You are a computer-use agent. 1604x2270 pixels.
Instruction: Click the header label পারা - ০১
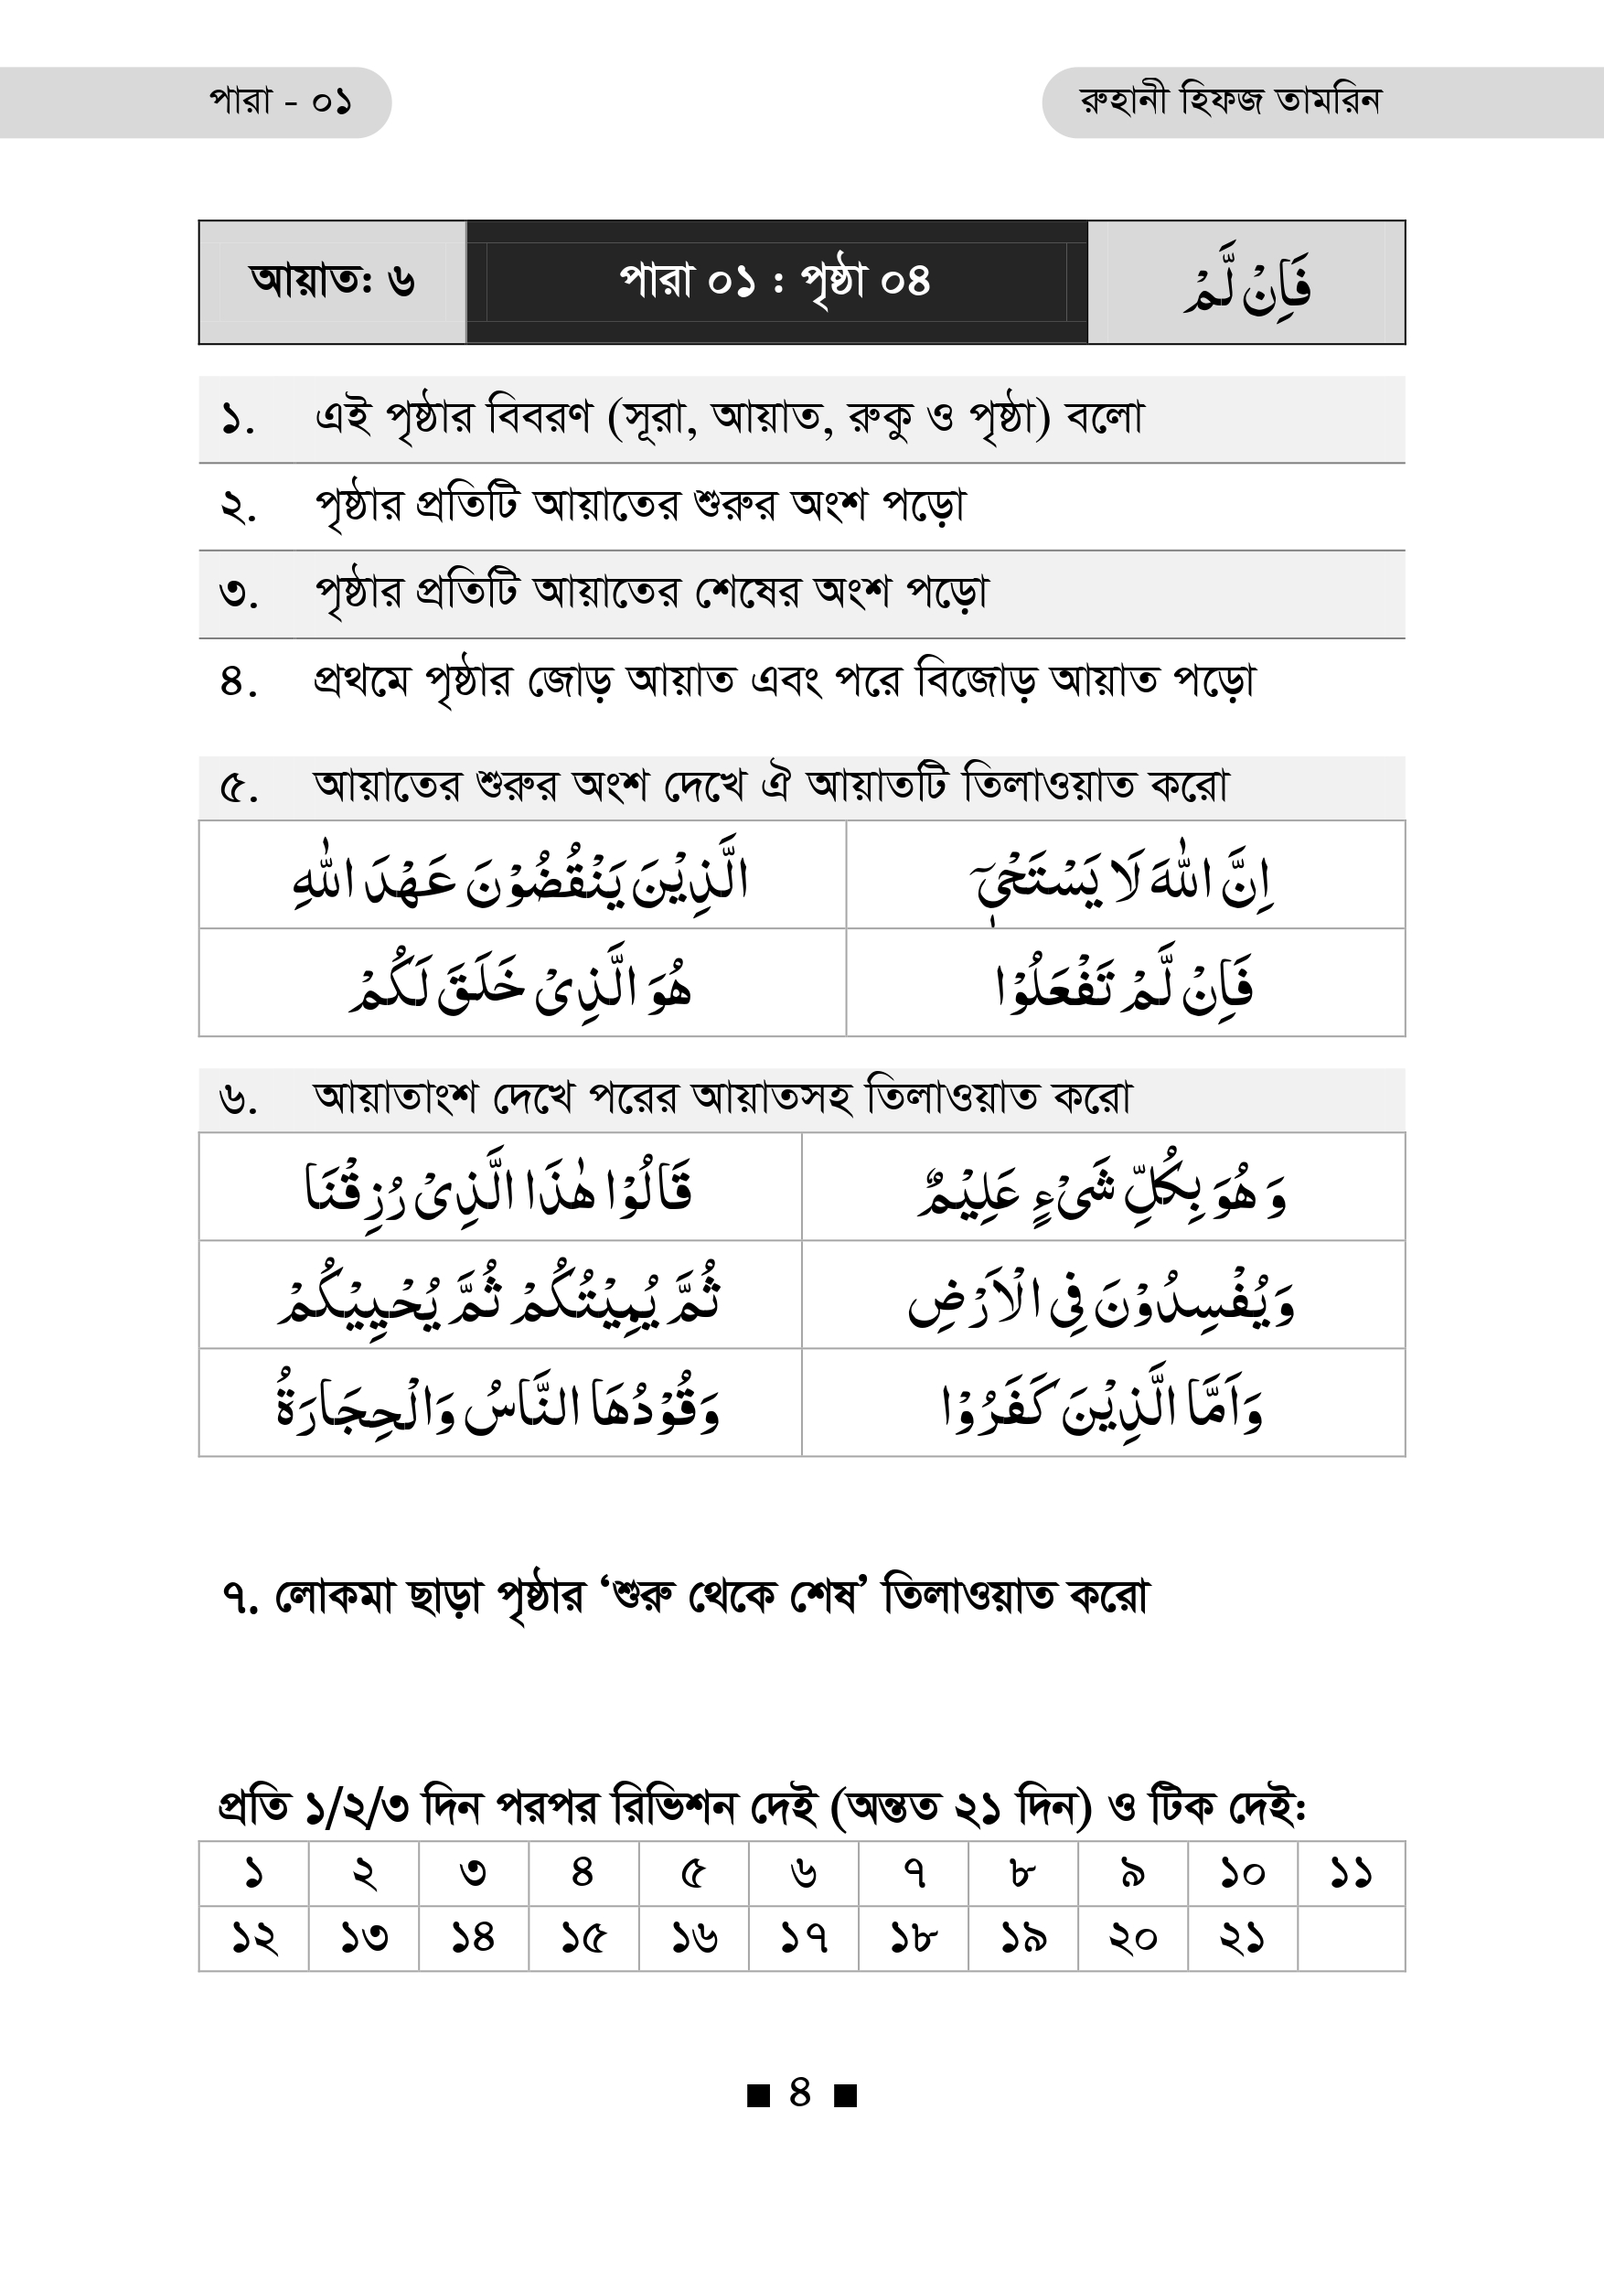(x=280, y=102)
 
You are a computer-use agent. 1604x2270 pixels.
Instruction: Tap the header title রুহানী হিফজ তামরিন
(x=1229, y=101)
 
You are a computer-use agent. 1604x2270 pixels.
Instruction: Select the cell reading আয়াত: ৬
(x=332, y=282)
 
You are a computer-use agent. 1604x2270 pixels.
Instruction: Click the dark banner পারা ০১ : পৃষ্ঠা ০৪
(x=775, y=282)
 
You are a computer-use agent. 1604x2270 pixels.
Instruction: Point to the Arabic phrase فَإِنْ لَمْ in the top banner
(x=1247, y=284)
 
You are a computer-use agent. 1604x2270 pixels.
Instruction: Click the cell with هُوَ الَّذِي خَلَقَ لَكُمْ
(x=522, y=985)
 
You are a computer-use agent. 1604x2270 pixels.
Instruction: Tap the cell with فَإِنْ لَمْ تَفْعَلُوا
(x=1125, y=985)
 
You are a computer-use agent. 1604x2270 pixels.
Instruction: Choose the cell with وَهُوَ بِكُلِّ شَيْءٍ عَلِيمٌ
(x=1102, y=1188)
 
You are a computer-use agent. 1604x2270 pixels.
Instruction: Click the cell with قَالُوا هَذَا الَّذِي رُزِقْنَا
(x=499, y=1188)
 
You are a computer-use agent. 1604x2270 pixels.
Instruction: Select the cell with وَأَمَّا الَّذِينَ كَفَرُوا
(x=1102, y=1404)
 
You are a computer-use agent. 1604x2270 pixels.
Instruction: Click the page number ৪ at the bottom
(x=800, y=2093)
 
